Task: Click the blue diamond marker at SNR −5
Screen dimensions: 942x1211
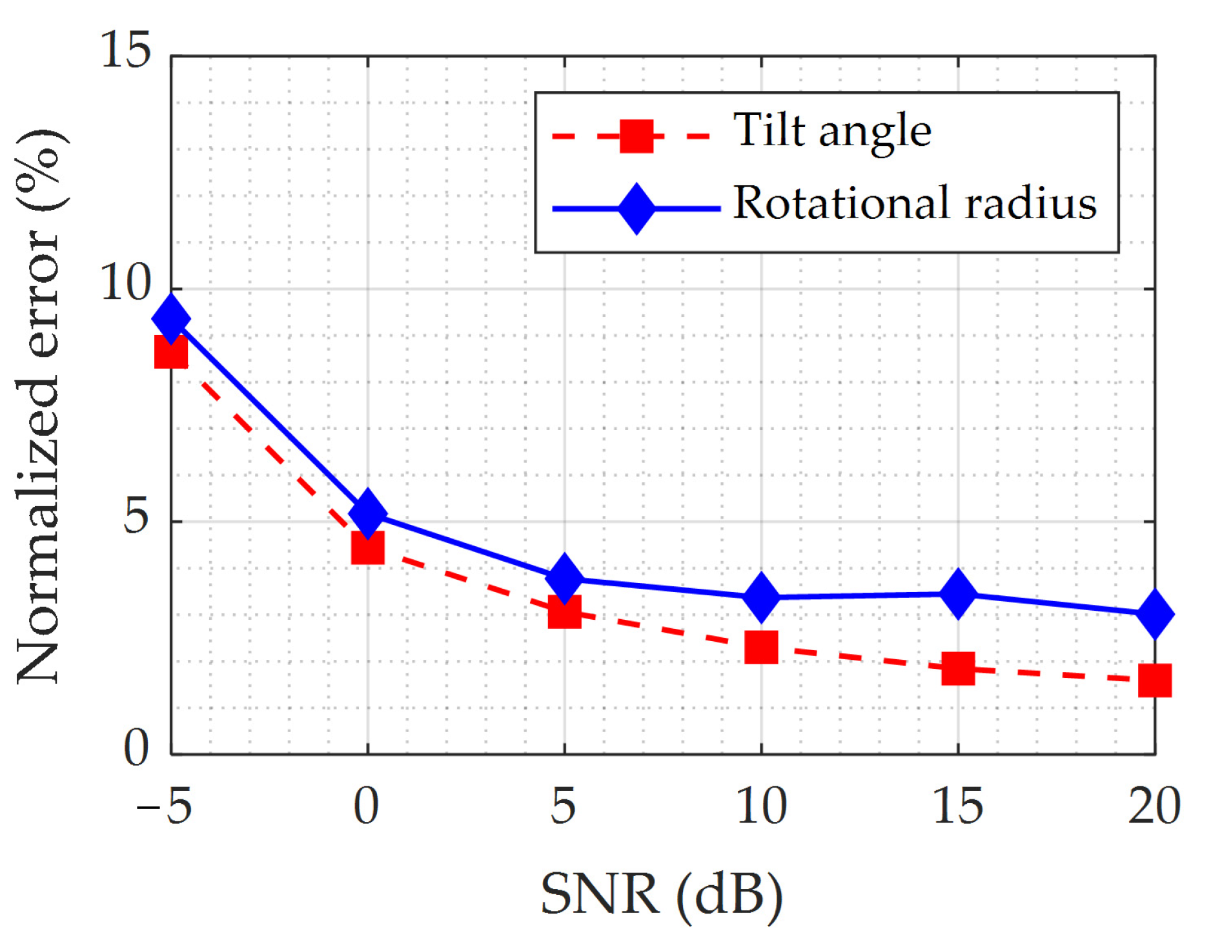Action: pyautogui.click(x=171, y=319)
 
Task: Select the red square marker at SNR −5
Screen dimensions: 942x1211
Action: pyautogui.click(x=171, y=353)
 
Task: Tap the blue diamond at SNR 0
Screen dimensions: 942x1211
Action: pyautogui.click(x=368, y=513)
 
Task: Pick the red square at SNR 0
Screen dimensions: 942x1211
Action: pyautogui.click(x=368, y=548)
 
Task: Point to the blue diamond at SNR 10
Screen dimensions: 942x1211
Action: pyautogui.click(x=762, y=597)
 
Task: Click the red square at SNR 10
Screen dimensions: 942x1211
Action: pyautogui.click(x=761, y=648)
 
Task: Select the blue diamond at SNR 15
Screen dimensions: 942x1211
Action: pyautogui.click(x=958, y=593)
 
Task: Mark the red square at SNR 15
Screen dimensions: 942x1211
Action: pyautogui.click(x=958, y=668)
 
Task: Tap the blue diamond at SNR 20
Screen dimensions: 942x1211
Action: pyautogui.click(x=1155, y=614)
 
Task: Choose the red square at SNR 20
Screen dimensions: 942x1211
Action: pyautogui.click(x=1155, y=681)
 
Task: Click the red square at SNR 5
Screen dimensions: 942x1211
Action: pyautogui.click(x=565, y=611)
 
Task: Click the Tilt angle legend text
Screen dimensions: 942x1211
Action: pyautogui.click(x=832, y=131)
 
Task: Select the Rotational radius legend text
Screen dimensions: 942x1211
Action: pyautogui.click(x=915, y=203)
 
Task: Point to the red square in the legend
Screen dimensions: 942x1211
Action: pyautogui.click(x=636, y=136)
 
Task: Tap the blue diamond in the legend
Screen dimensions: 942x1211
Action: pyautogui.click(x=636, y=209)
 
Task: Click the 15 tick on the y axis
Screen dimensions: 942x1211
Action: pyautogui.click(x=126, y=50)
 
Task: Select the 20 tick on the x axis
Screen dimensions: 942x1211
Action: pyautogui.click(x=1154, y=807)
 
